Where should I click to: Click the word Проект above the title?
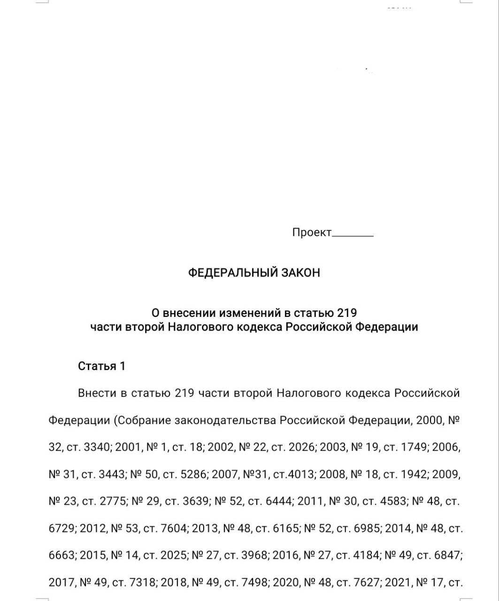312,232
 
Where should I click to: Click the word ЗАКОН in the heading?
300,273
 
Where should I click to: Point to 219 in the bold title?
347,313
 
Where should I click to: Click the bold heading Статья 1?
101,366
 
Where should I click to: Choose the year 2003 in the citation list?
334,447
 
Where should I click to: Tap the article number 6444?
280,501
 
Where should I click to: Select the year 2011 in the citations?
311,501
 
